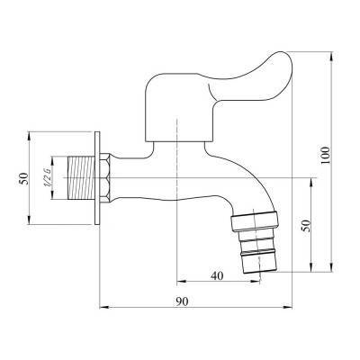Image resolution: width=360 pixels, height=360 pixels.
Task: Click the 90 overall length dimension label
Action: [x=184, y=302]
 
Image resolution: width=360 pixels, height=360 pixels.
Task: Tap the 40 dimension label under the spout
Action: [x=217, y=274]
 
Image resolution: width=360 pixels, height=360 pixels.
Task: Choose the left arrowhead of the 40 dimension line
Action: [x=181, y=281]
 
